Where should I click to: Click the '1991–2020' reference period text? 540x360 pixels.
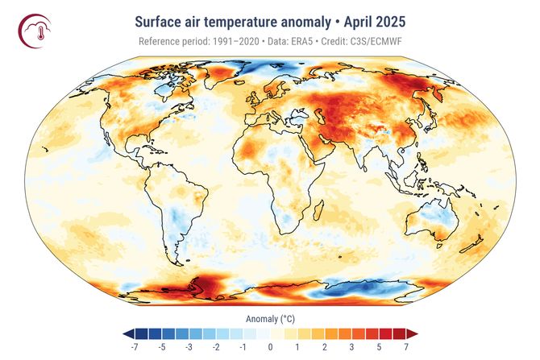click(231, 41)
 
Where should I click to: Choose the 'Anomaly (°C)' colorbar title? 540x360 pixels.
click(269, 319)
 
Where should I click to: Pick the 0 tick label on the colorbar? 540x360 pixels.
click(270, 347)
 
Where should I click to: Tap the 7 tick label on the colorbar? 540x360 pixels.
click(406, 347)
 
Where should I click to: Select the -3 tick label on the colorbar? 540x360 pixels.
click(188, 347)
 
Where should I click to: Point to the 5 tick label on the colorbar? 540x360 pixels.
click(379, 347)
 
